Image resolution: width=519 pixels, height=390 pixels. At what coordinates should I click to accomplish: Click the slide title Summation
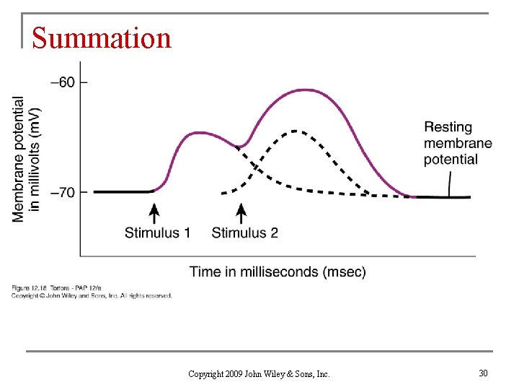102,38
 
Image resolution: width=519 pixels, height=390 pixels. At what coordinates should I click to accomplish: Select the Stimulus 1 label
157,233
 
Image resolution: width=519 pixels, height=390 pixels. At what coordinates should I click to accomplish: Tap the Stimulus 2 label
244,233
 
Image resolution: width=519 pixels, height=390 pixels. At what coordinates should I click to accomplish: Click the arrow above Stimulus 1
154,212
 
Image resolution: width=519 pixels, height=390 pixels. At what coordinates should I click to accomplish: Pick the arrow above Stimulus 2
241,212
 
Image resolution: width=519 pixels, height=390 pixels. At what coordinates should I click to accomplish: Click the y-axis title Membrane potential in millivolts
25,159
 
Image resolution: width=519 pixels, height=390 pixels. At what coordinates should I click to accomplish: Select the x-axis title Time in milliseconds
278,272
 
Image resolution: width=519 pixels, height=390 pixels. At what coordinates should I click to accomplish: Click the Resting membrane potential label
458,143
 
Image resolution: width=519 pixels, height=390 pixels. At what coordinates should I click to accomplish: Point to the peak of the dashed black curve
294,131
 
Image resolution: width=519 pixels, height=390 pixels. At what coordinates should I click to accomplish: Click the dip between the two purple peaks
240,147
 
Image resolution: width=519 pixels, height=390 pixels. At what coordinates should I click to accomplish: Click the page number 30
483,373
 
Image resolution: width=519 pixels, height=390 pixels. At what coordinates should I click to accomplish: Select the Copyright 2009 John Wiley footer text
259,373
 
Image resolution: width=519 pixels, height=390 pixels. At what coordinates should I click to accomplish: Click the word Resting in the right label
448,127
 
